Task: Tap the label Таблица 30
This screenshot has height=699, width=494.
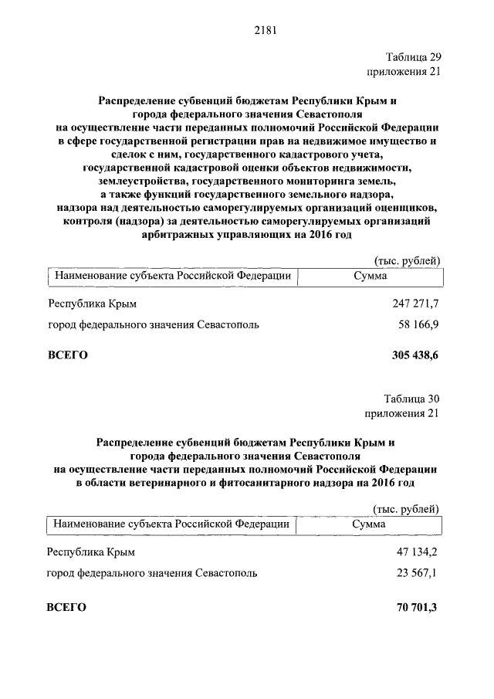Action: (412, 399)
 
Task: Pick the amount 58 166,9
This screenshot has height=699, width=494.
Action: (418, 325)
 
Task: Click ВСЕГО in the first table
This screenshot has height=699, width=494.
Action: (68, 355)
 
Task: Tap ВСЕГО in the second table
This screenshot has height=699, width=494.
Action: (66, 608)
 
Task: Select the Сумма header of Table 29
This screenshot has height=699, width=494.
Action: (370, 275)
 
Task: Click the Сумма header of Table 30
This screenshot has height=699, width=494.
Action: (368, 524)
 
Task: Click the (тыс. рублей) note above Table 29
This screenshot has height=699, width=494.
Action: (407, 260)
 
